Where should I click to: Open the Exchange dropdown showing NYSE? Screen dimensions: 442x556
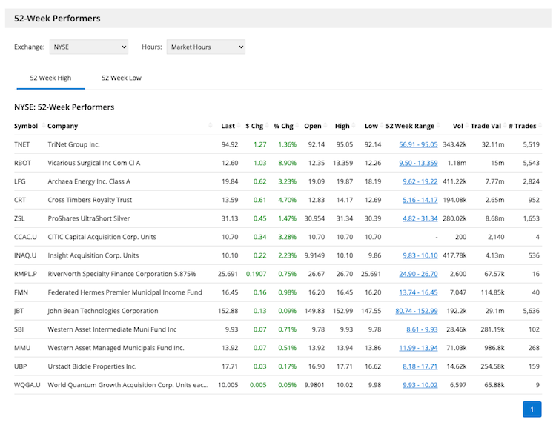(88, 47)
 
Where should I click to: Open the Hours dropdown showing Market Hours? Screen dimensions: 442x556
(205, 47)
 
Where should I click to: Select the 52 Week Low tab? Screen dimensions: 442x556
(121, 78)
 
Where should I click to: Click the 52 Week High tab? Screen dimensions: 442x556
(50, 78)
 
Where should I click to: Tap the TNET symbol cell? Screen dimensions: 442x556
(22, 144)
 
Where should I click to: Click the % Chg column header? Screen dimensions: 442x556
(283, 126)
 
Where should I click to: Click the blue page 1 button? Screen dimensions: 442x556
(532, 409)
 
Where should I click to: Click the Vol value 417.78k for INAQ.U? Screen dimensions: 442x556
(453, 255)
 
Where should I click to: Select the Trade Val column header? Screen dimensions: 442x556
(486, 126)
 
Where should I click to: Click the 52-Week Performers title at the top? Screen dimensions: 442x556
(57, 18)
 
